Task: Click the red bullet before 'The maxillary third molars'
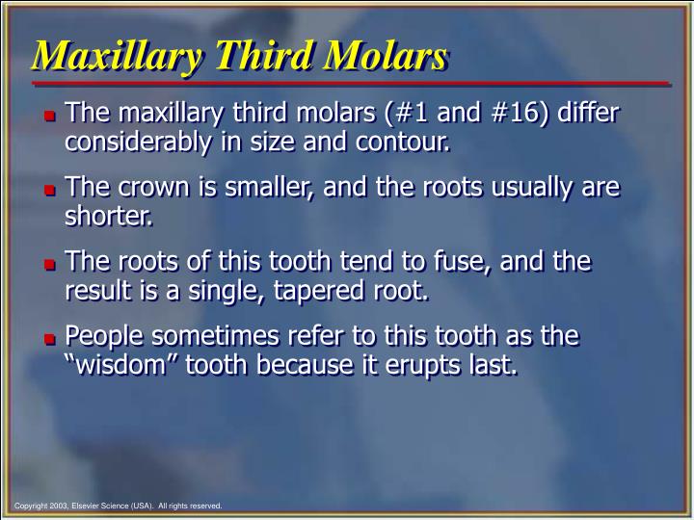pyautogui.click(x=50, y=118)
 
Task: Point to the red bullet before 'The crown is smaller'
pyautogui.click(x=50, y=191)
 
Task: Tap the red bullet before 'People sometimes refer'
pyautogui.click(x=50, y=339)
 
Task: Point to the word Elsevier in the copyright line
pyautogui.click(x=98, y=505)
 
